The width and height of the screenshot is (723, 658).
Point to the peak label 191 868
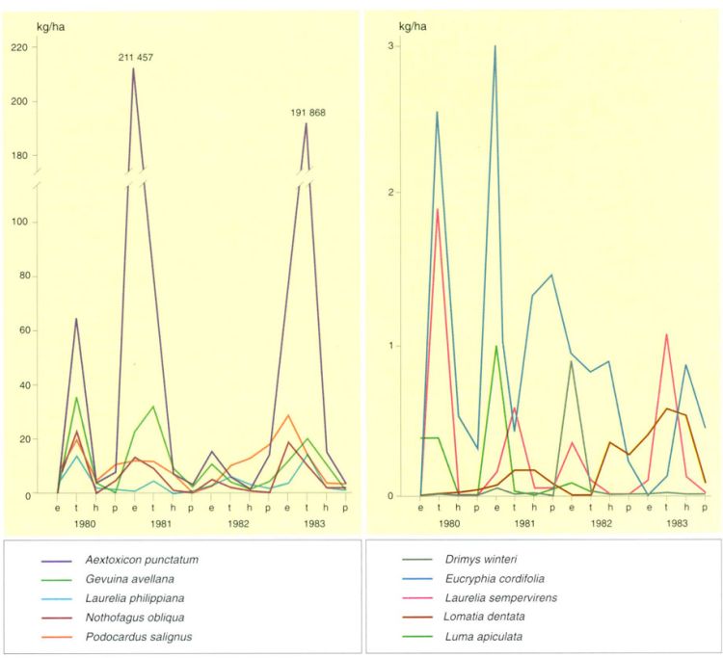click(x=306, y=113)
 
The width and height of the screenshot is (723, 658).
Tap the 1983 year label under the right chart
click(x=677, y=525)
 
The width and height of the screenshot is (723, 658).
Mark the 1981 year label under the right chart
click(x=524, y=525)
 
